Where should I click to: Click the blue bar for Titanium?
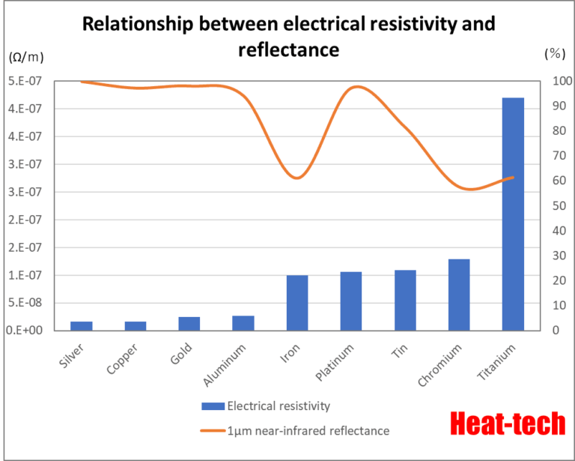pyautogui.click(x=513, y=214)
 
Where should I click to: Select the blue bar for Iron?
pyautogui.click(x=297, y=303)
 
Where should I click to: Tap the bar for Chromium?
pyautogui.click(x=459, y=295)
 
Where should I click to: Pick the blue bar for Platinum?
pyautogui.click(x=351, y=301)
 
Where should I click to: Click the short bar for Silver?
pyautogui.click(x=82, y=326)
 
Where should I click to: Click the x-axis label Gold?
pyautogui.click(x=181, y=352)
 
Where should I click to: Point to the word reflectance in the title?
pyautogui.click(x=288, y=50)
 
